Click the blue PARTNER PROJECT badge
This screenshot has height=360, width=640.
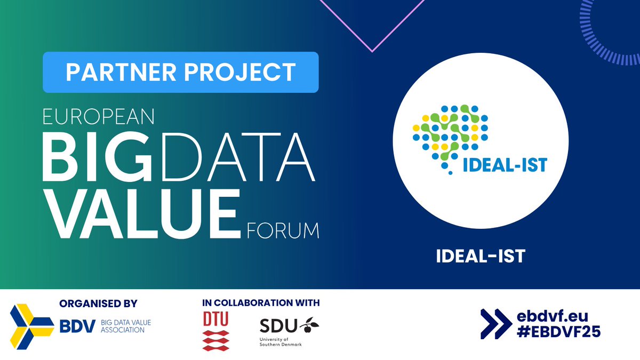pyautogui.click(x=180, y=73)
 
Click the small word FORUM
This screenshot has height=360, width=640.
pyautogui.click(x=283, y=231)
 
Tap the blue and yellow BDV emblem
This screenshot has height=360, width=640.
pyautogui.click(x=32, y=325)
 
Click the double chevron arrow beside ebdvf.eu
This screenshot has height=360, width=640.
pyautogui.click(x=496, y=323)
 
